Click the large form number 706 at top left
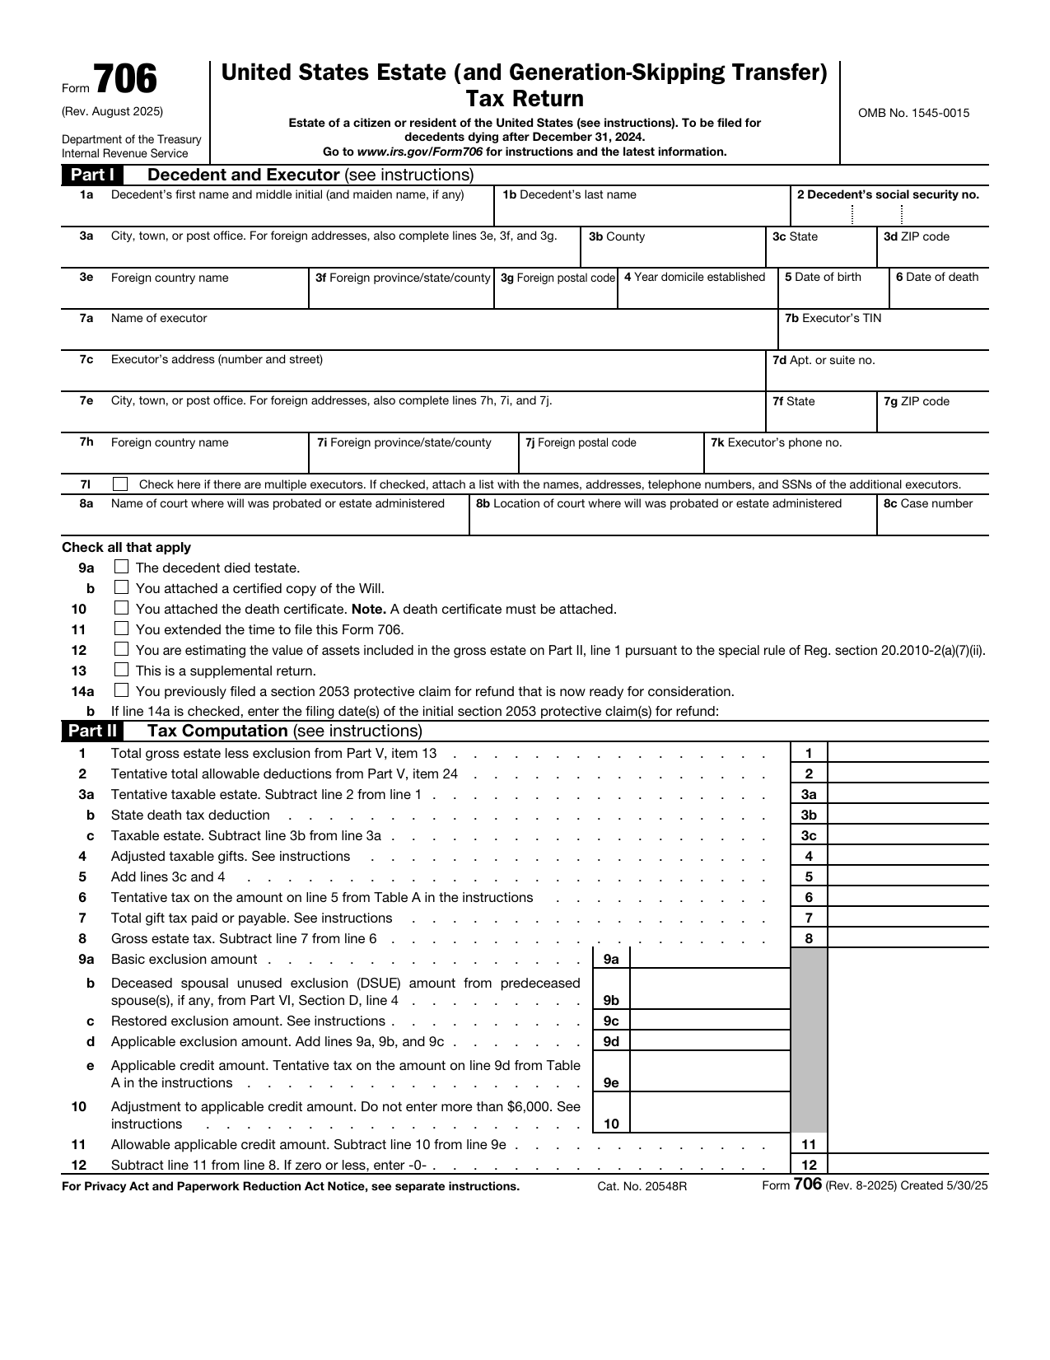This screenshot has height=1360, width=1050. [x=124, y=81]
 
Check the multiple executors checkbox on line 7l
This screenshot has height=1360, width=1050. [x=121, y=484]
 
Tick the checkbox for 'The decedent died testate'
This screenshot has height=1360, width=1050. [x=122, y=567]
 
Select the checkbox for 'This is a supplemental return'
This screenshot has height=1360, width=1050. [x=122, y=670]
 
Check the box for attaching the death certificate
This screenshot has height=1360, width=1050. [x=122, y=608]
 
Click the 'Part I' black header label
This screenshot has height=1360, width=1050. [x=91, y=175]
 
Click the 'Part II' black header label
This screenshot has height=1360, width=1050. [x=91, y=731]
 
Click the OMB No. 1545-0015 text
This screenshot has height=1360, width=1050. [x=913, y=113]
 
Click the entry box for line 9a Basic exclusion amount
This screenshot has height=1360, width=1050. [x=709, y=959]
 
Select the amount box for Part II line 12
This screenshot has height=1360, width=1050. [x=908, y=1165]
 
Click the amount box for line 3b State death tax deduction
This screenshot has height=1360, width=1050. [x=908, y=815]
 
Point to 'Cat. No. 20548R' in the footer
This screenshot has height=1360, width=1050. [x=642, y=1186]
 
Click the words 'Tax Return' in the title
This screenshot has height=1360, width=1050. [x=525, y=99]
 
